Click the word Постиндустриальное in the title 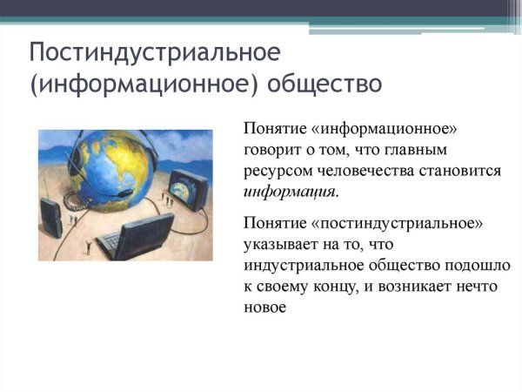point(155,53)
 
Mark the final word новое point(265,308)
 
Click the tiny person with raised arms point(87,247)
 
